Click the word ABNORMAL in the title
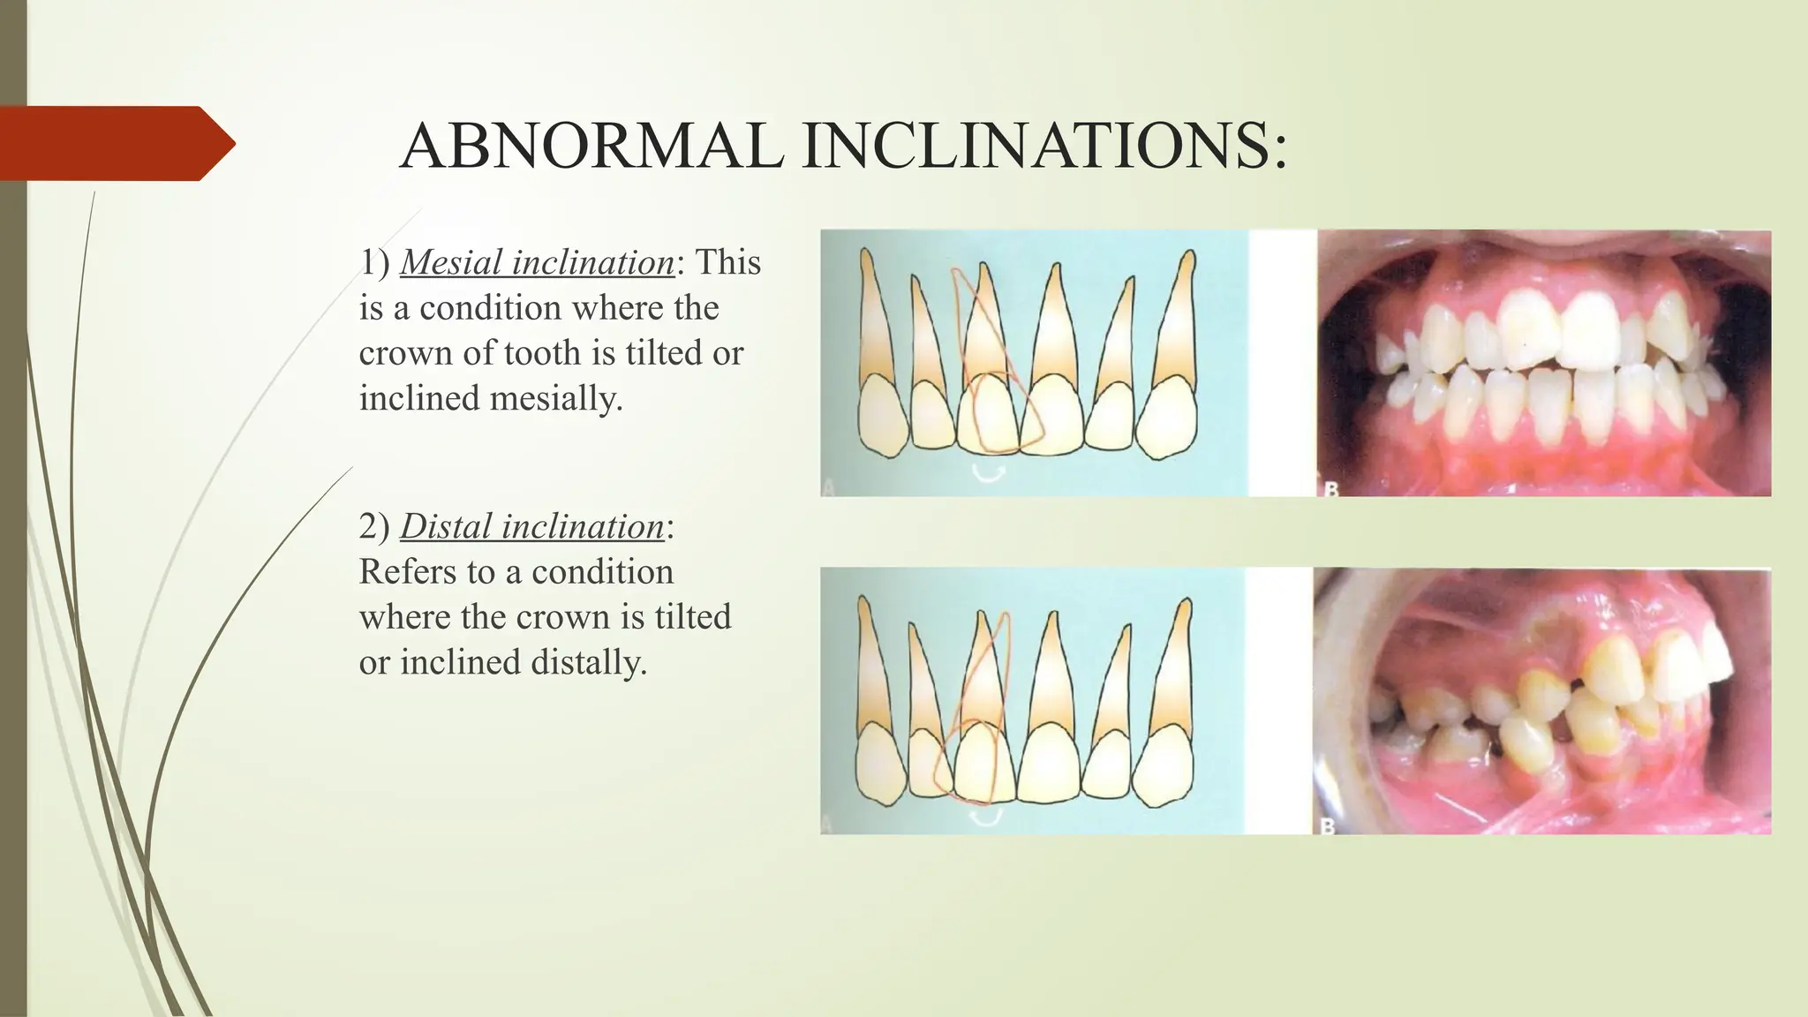(591, 146)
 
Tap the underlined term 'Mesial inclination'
(538, 262)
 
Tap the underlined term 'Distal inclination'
(532, 526)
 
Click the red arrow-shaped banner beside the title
(115, 143)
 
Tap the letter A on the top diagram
(828, 486)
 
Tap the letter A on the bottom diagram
(828, 825)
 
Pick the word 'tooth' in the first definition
(543, 353)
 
